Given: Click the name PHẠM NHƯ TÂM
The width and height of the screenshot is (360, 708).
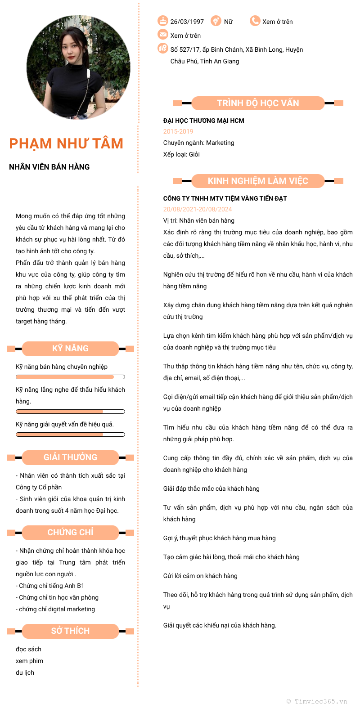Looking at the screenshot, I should click(66, 143).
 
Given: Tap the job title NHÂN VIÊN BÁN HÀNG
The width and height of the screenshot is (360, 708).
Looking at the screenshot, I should click(49, 167).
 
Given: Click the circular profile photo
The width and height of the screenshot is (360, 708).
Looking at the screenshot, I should click(78, 68).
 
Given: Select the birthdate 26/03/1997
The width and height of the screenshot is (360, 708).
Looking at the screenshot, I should click(187, 22).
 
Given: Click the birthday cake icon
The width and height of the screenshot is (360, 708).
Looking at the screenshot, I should click(162, 21).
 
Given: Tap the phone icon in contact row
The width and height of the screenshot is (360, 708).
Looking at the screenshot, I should click(255, 21).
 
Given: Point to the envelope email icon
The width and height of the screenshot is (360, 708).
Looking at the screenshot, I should click(162, 35).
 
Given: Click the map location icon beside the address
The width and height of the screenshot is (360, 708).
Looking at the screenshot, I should click(162, 49).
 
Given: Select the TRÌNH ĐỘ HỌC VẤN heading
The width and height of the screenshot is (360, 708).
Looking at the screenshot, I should click(258, 103).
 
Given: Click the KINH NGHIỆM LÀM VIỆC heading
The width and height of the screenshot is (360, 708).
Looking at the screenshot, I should click(258, 181).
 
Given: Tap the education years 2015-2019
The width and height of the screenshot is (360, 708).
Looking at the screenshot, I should click(178, 131).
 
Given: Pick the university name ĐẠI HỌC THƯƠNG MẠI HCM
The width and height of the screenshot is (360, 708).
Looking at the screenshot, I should click(203, 121).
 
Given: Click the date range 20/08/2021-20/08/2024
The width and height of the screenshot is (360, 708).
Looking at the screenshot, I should click(198, 209).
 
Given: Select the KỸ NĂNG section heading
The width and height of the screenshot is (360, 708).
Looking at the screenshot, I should click(70, 348).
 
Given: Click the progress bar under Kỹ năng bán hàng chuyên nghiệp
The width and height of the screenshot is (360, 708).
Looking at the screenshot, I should click(70, 377).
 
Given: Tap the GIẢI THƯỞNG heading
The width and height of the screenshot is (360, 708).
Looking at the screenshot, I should click(70, 457).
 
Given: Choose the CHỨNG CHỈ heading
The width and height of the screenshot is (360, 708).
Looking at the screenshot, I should click(70, 532).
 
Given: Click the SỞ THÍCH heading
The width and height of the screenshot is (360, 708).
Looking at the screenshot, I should click(70, 631).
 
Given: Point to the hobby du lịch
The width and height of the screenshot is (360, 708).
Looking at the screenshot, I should click(25, 672).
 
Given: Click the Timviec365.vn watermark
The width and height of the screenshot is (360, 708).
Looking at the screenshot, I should click(317, 701).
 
